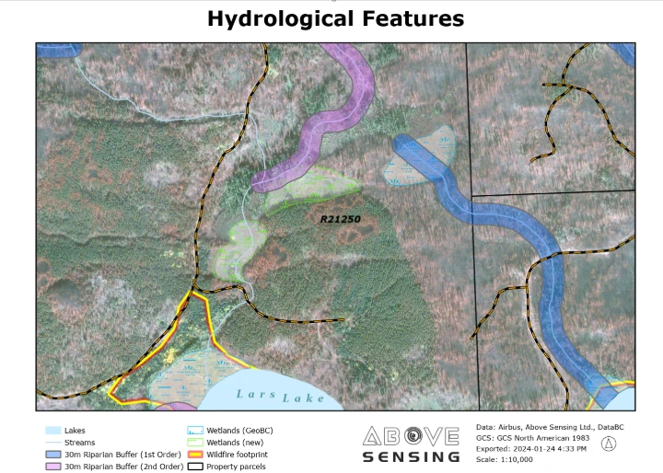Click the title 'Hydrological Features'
(335, 18)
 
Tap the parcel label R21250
(341, 220)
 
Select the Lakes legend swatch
(52, 430)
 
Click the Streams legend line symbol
(52, 443)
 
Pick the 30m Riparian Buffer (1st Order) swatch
(52, 455)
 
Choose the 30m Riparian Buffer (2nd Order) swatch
(52, 467)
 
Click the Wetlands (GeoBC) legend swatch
(194, 430)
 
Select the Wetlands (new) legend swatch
(194, 443)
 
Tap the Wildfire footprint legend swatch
(194, 455)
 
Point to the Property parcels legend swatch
(194, 467)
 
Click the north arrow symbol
(609, 444)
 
